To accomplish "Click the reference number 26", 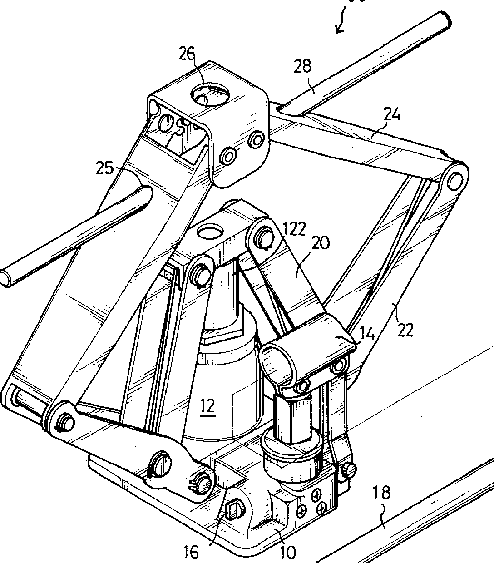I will (x=187, y=54).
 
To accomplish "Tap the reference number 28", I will (x=303, y=66).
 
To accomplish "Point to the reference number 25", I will (x=104, y=168).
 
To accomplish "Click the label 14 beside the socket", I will (x=367, y=335).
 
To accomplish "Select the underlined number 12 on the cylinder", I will (x=207, y=405).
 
